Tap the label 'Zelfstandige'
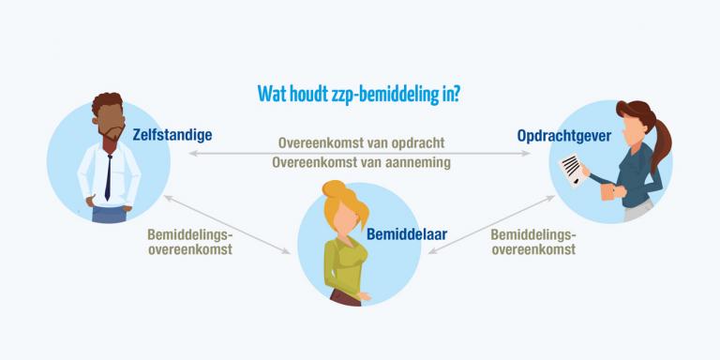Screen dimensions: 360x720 (172, 135)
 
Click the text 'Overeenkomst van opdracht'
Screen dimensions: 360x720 (361, 143)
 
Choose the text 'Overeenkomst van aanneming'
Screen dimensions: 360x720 (361, 162)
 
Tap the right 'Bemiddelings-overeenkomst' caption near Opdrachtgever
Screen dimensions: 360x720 (532, 242)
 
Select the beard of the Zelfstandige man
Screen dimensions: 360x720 (111, 141)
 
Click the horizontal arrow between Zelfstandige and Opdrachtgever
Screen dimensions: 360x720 (361, 153)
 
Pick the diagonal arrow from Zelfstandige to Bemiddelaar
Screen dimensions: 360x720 (226, 222)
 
